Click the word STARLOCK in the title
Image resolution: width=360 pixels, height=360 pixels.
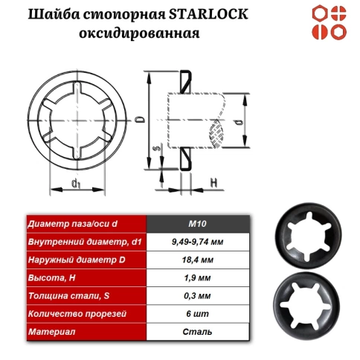pyautogui.click(x=212, y=16)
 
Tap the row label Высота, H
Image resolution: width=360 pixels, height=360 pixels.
pyautogui.click(x=51, y=278)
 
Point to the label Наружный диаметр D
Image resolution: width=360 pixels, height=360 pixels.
pyautogui.click(x=74, y=260)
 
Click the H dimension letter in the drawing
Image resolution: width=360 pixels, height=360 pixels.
pyautogui.click(x=213, y=181)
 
